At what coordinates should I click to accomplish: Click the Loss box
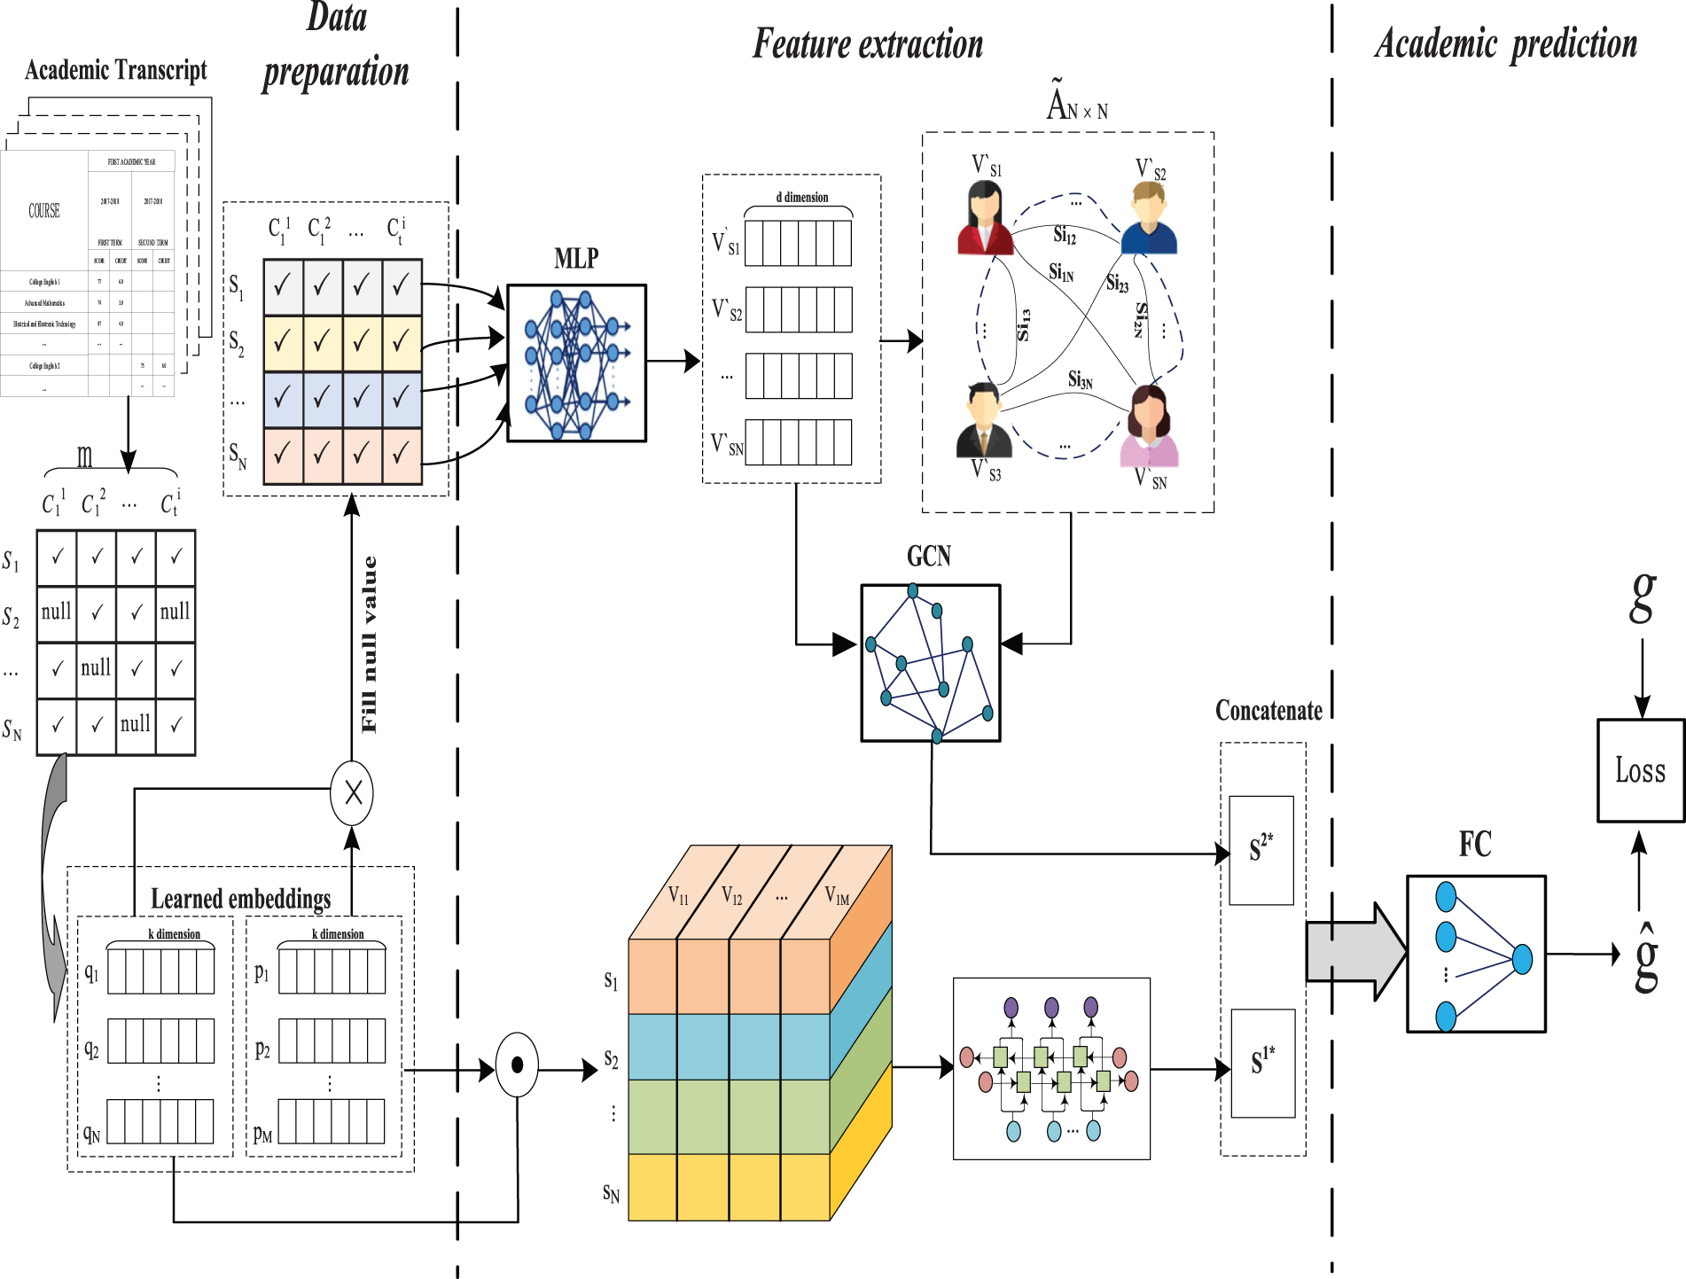pos(1640,770)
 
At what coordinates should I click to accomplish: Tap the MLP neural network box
pos(576,363)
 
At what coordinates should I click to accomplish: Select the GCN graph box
pos(930,662)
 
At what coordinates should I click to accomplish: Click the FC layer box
pos(1476,954)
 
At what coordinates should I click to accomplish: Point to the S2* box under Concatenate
pos(1261,850)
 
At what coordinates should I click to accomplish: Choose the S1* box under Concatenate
pos(1262,1063)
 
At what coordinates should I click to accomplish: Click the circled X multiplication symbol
pos(352,792)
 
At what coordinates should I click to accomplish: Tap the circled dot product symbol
pos(517,1065)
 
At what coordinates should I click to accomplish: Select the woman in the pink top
pos(1150,426)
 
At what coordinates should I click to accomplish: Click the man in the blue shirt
pos(1149,219)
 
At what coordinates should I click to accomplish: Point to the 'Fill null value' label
pos(369,644)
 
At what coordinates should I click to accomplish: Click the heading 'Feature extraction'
pos(868,44)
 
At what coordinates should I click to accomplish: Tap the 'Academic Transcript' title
pos(115,70)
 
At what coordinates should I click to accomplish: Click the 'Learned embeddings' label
pos(240,899)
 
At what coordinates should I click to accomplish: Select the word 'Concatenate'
pos(1268,711)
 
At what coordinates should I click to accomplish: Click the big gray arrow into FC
pos(1355,952)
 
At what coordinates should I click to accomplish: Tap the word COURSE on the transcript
pos(44,211)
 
